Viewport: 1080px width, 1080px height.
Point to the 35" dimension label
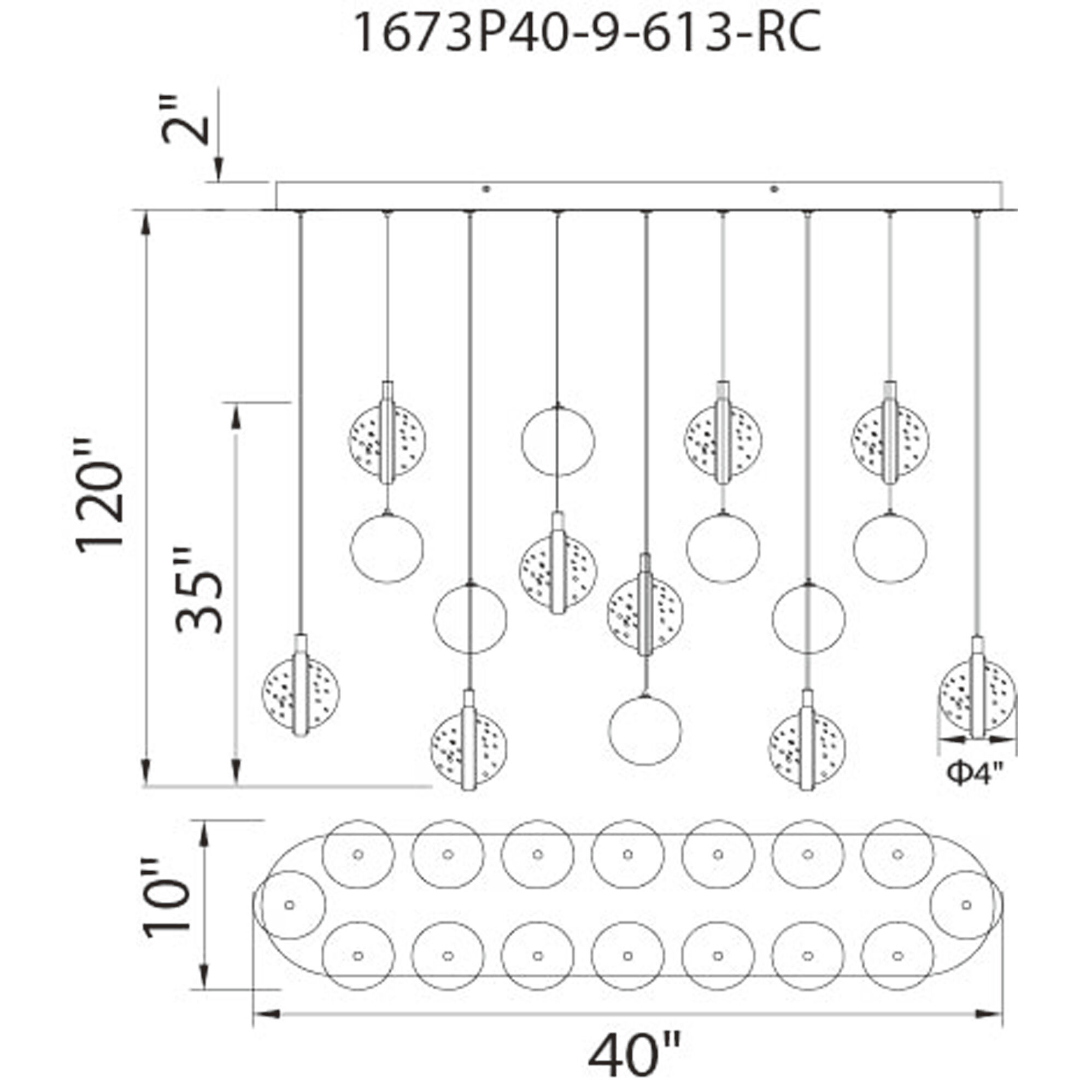(x=199, y=589)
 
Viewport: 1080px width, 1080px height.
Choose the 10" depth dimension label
(x=166, y=898)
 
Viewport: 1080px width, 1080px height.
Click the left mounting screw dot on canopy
(x=486, y=189)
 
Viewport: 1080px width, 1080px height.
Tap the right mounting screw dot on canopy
(x=774, y=189)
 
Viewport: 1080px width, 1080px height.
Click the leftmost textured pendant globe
(x=301, y=692)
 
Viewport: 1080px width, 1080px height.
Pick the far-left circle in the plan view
(x=290, y=905)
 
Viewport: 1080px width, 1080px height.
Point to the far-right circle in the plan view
(x=966, y=905)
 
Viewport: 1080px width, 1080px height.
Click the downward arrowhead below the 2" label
(x=219, y=170)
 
